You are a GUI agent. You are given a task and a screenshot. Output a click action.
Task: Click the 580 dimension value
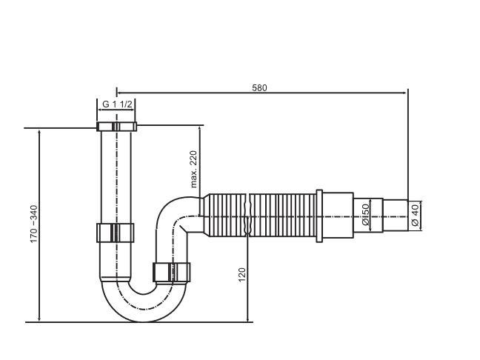259,87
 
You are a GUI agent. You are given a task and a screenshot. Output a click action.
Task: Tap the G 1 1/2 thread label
117,104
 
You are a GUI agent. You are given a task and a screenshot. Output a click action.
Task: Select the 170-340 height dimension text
33,226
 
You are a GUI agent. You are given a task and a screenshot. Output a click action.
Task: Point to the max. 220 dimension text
193,168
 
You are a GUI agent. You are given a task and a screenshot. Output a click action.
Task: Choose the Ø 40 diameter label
415,215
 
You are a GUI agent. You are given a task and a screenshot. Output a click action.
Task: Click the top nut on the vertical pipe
117,126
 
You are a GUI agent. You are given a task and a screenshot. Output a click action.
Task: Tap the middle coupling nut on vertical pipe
116,233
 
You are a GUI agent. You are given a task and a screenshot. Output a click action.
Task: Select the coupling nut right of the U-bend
172,272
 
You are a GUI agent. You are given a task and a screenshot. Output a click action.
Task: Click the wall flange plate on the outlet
319,216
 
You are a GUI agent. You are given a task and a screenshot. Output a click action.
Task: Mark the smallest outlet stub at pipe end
396,216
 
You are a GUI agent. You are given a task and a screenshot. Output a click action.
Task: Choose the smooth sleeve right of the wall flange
337,216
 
